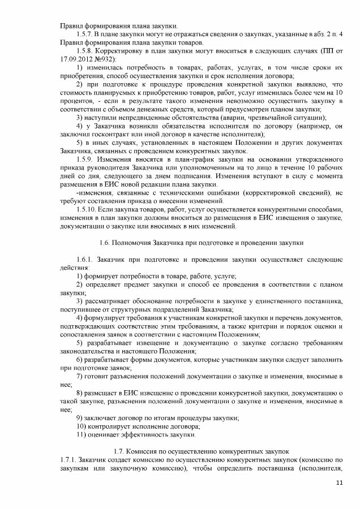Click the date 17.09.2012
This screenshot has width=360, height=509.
point(79,59)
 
